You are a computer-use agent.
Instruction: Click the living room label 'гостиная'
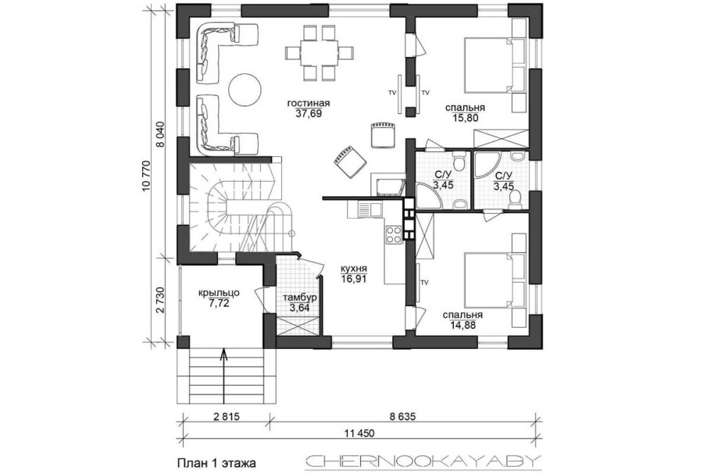[309, 102]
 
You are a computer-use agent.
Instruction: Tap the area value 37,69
[309, 113]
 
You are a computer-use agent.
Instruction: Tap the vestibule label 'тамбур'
[298, 298]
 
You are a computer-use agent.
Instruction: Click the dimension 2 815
[225, 417]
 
